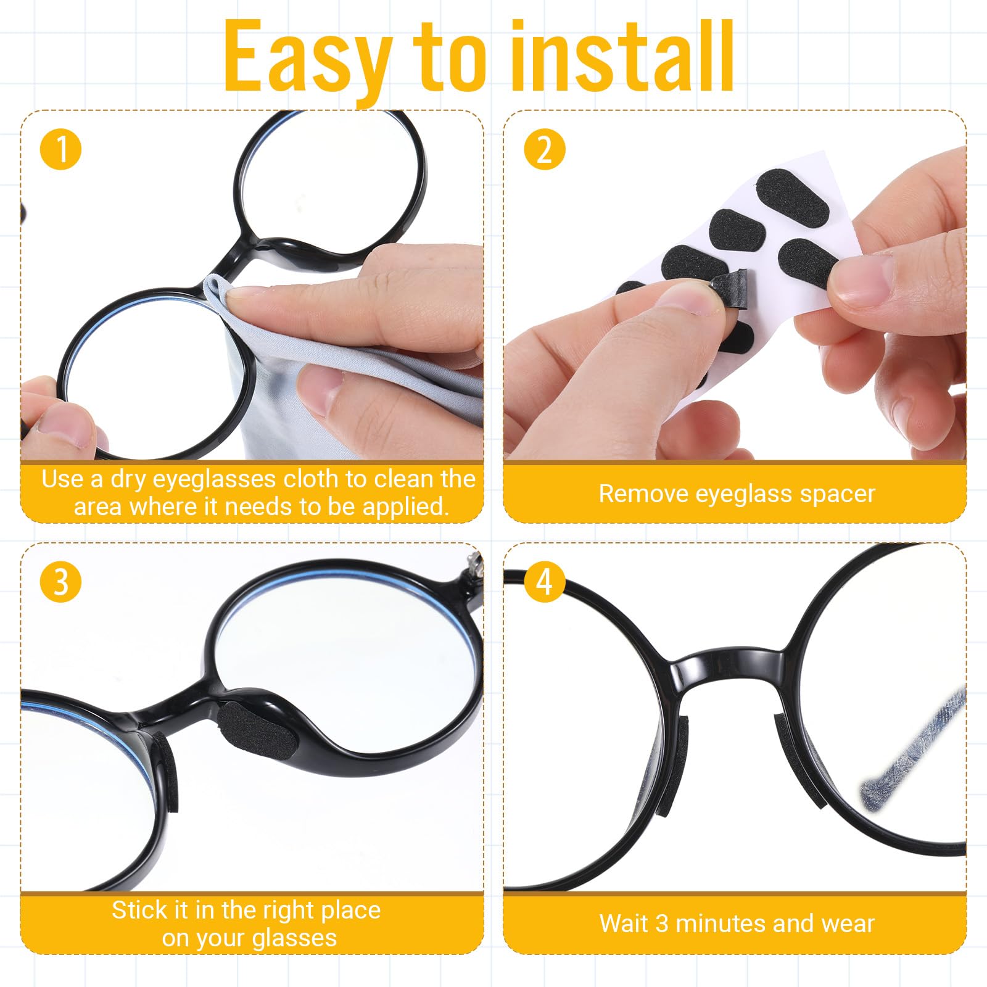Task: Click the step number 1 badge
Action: [61, 149]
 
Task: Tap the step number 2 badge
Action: [545, 149]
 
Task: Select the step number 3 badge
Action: [61, 582]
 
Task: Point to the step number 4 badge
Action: [545, 582]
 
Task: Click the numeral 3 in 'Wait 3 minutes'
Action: [662, 923]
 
